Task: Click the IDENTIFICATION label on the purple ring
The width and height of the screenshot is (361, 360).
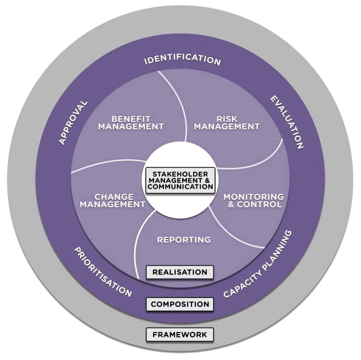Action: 182,60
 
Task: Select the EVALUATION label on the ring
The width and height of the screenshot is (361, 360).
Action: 286,122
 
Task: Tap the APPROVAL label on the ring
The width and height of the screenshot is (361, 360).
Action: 73,122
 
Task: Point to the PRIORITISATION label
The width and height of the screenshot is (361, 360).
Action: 103,272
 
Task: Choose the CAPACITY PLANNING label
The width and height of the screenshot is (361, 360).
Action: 258,264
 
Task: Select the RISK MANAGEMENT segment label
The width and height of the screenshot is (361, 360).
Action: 227,122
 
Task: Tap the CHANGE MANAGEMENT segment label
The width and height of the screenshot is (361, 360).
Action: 113,200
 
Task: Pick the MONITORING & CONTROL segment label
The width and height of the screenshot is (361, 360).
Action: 253,200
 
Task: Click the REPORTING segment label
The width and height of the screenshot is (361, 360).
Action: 184,240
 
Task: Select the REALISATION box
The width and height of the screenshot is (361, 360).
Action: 179,272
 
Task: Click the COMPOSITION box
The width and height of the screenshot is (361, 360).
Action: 179,304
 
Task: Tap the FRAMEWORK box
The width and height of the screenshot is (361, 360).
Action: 179,334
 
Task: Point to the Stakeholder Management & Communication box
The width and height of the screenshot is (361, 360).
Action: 180,180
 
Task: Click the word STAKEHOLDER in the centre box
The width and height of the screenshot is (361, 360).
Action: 180,173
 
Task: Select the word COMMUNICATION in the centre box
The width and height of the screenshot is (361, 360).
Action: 180,187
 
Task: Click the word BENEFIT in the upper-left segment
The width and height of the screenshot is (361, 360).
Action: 131,119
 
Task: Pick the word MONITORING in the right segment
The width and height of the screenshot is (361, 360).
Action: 253,196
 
